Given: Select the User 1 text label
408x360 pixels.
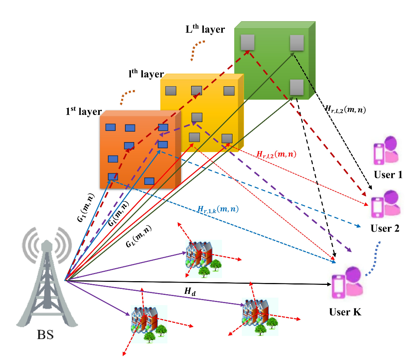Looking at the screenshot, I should coord(388,174).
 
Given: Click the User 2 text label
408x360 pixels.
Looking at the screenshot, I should coord(385,228).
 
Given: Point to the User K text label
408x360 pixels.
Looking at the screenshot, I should coord(345,312).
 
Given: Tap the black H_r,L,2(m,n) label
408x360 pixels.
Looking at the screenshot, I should coord(346,109).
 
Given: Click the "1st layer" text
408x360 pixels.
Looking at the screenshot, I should coord(82,111).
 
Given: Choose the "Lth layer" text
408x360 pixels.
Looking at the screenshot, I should coord(205,29).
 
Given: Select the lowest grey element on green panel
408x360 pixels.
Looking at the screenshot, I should coord(297,87).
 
